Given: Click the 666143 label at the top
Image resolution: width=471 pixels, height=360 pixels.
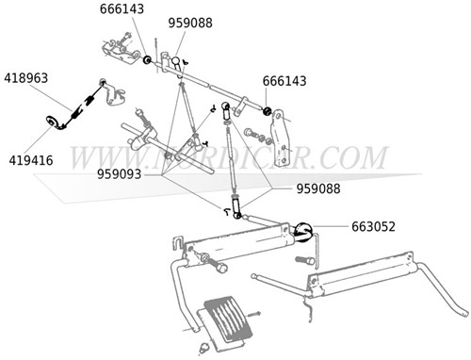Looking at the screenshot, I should click(x=122, y=9).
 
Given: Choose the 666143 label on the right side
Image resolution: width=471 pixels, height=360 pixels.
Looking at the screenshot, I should click(x=284, y=81).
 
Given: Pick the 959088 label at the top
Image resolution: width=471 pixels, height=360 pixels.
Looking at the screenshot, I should click(x=190, y=23).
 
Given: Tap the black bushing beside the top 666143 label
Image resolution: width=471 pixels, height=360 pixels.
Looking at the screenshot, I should click(x=147, y=61).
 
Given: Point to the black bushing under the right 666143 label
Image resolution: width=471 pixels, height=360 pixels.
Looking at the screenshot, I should click(x=268, y=113).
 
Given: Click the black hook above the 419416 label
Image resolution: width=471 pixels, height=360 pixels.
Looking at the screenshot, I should click(x=51, y=120).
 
